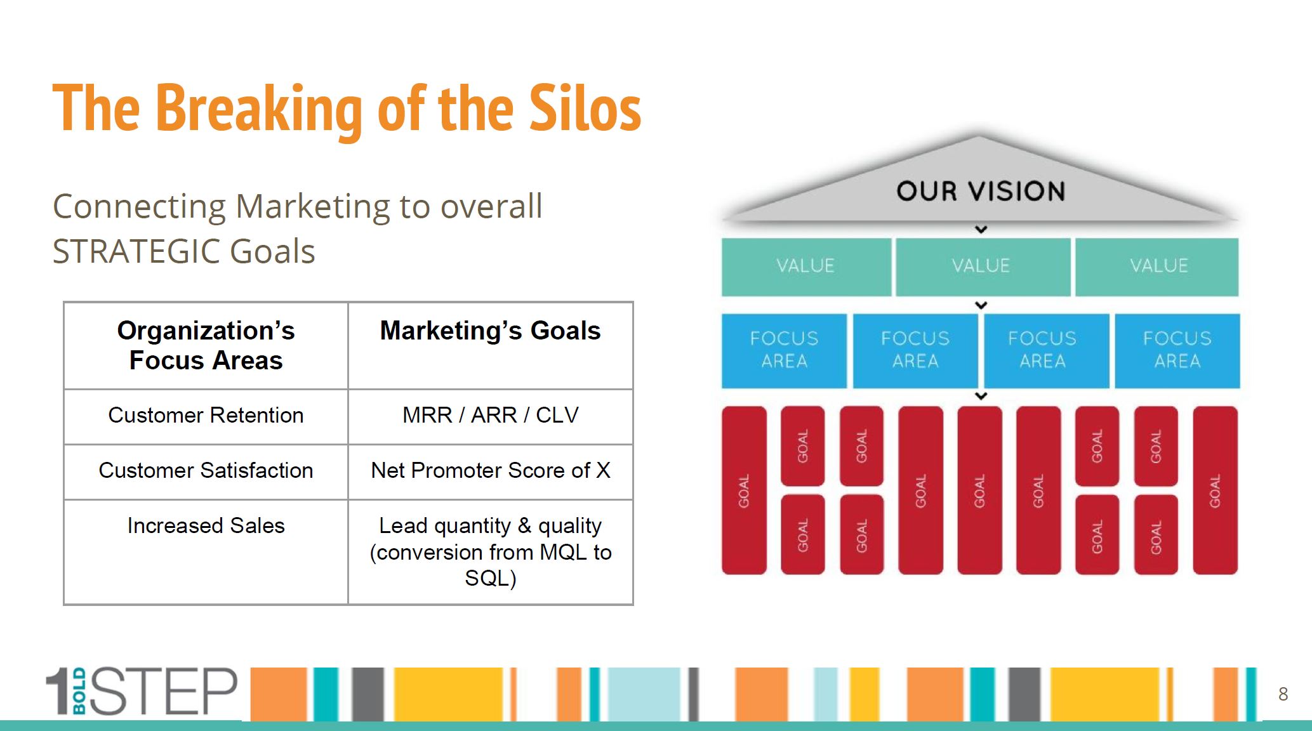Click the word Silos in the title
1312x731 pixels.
(x=585, y=109)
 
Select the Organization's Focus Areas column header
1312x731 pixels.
(x=206, y=345)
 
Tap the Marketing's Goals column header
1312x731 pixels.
(x=490, y=345)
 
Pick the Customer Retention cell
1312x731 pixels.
(x=206, y=416)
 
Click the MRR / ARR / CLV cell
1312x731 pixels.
(x=490, y=416)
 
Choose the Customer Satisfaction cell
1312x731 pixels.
(x=206, y=471)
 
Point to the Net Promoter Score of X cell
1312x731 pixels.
(x=490, y=471)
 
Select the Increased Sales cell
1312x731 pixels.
(x=206, y=552)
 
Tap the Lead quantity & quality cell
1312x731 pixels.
(x=490, y=552)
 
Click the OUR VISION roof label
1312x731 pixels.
(x=981, y=191)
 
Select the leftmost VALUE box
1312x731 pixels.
(x=806, y=267)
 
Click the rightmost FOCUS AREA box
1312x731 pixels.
(x=1177, y=350)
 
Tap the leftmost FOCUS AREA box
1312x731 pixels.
(x=784, y=350)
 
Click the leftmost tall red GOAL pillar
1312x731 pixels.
(x=744, y=491)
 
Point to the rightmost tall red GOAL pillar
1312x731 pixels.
(x=1215, y=491)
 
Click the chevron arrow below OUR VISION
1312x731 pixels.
(x=981, y=229)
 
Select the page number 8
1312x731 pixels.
(x=1283, y=694)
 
